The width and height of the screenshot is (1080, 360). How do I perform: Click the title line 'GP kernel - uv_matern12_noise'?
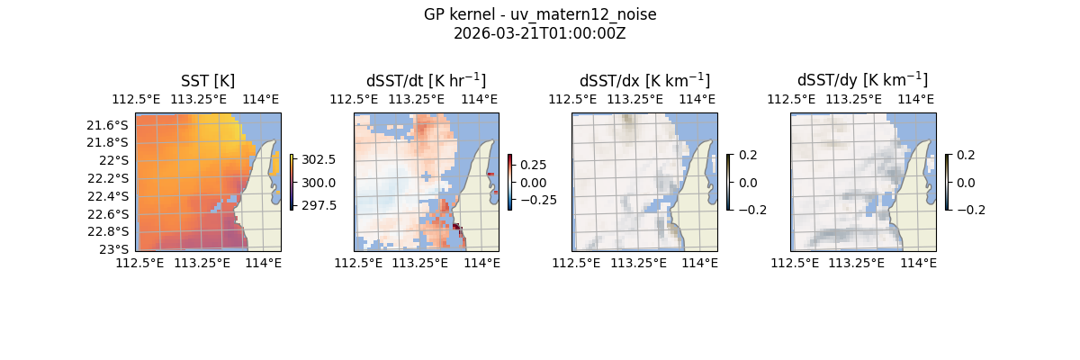539,14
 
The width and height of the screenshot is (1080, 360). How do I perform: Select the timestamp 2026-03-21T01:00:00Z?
539,33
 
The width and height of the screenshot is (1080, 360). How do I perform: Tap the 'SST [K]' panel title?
208,81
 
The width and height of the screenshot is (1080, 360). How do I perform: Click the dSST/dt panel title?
426,80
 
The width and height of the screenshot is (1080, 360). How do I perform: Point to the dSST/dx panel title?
644,80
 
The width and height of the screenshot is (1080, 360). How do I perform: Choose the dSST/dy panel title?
862,80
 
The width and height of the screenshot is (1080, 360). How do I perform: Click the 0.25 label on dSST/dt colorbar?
533,165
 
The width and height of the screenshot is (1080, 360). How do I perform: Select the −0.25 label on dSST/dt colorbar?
536,200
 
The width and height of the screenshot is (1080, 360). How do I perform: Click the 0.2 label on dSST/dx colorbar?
748,155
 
